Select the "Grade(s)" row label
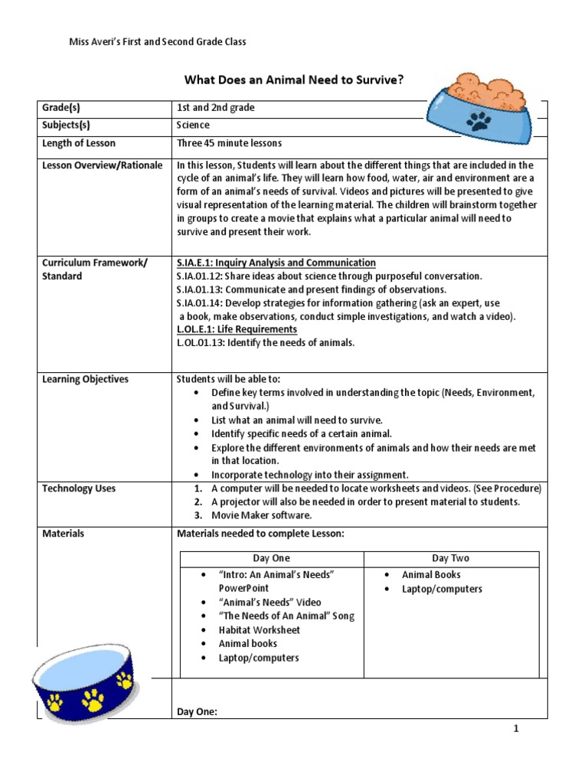pos(61,108)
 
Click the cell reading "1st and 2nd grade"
pos(216,108)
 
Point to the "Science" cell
pos(193,125)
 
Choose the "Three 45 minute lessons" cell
pos(229,143)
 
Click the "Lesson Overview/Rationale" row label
pos(103,165)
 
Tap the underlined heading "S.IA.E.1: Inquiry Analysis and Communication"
pos(276,263)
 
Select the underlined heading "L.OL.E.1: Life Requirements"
pos(237,329)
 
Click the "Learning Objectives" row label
pos(86,379)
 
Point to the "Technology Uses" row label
pos(79,488)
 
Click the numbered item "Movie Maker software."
pos(261,515)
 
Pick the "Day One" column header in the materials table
pos(272,558)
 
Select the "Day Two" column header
pos(451,558)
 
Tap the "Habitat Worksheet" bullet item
pos(260,630)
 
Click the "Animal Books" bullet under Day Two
pos(431,574)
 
